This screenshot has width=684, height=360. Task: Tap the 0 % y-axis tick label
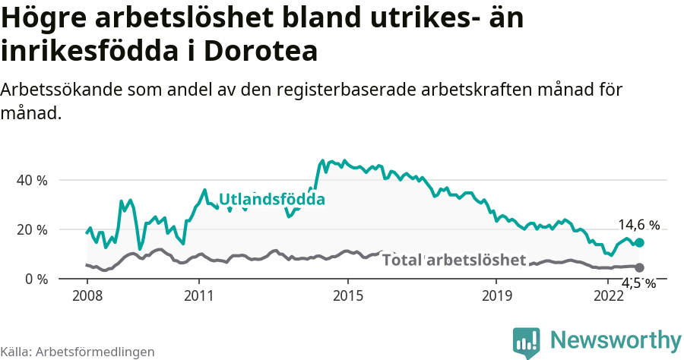pyautogui.click(x=36, y=279)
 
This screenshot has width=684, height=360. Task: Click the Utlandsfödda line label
pyautogui.click(x=272, y=200)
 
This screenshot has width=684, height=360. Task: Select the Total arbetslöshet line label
pyautogui.click(x=454, y=261)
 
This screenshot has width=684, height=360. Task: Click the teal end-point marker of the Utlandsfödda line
pyautogui.click(x=640, y=242)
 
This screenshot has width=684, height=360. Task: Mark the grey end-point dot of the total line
pyautogui.click(x=640, y=267)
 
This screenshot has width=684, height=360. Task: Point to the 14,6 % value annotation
pyautogui.click(x=638, y=225)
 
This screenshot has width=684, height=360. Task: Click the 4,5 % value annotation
pyautogui.click(x=639, y=283)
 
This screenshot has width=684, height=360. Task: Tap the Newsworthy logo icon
pyautogui.click(x=526, y=342)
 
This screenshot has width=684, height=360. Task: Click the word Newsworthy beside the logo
pyautogui.click(x=616, y=340)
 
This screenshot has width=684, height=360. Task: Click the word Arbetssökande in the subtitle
pyautogui.click(x=58, y=90)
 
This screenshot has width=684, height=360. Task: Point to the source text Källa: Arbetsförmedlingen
pyautogui.click(x=78, y=352)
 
